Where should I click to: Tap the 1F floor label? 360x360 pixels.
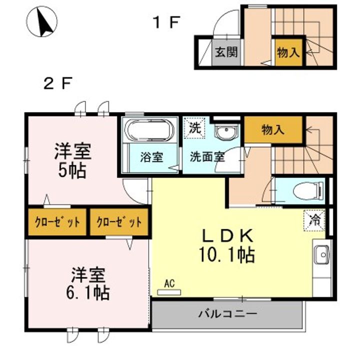(x=166, y=22)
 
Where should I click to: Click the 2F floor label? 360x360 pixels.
(x=58, y=83)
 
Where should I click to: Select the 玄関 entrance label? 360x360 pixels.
(x=226, y=52)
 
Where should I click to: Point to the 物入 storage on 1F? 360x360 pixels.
(x=288, y=52)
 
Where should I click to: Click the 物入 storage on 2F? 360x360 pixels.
(x=273, y=129)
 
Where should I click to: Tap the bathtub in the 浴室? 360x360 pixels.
(x=149, y=130)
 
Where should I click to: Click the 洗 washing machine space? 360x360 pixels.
(x=195, y=128)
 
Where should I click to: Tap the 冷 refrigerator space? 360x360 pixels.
(x=314, y=220)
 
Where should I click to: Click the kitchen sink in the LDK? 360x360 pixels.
(x=321, y=254)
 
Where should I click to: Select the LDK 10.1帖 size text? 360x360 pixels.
(x=227, y=245)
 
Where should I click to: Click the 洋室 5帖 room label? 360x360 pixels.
(x=73, y=160)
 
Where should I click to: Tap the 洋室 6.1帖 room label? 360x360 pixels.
(x=88, y=284)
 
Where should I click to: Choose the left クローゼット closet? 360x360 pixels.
(x=57, y=222)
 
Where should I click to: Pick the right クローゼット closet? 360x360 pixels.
(x=119, y=222)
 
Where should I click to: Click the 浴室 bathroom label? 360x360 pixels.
(x=151, y=157)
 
